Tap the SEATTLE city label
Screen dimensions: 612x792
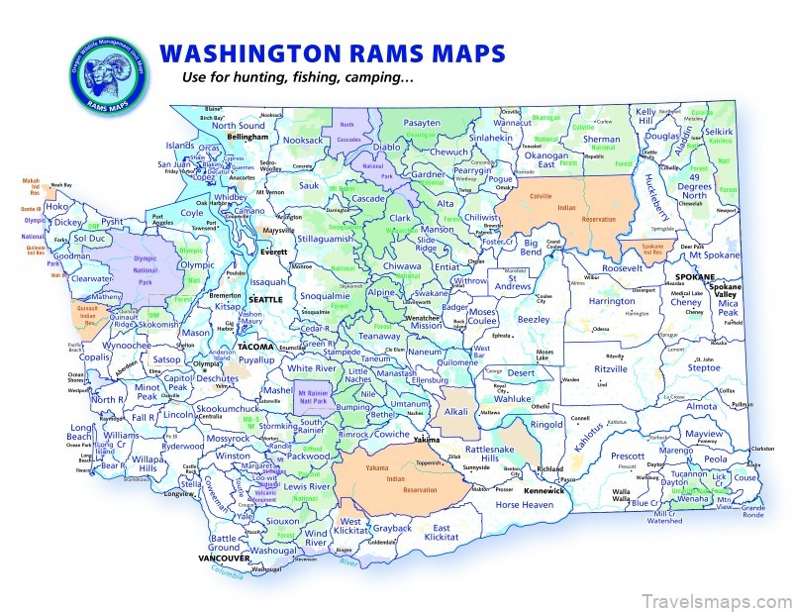[265, 299]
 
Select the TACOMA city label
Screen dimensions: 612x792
[254, 348]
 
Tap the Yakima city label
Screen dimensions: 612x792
[427, 438]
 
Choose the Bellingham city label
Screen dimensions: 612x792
[248, 137]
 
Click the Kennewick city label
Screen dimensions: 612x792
[544, 490]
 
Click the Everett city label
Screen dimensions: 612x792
[272, 253]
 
